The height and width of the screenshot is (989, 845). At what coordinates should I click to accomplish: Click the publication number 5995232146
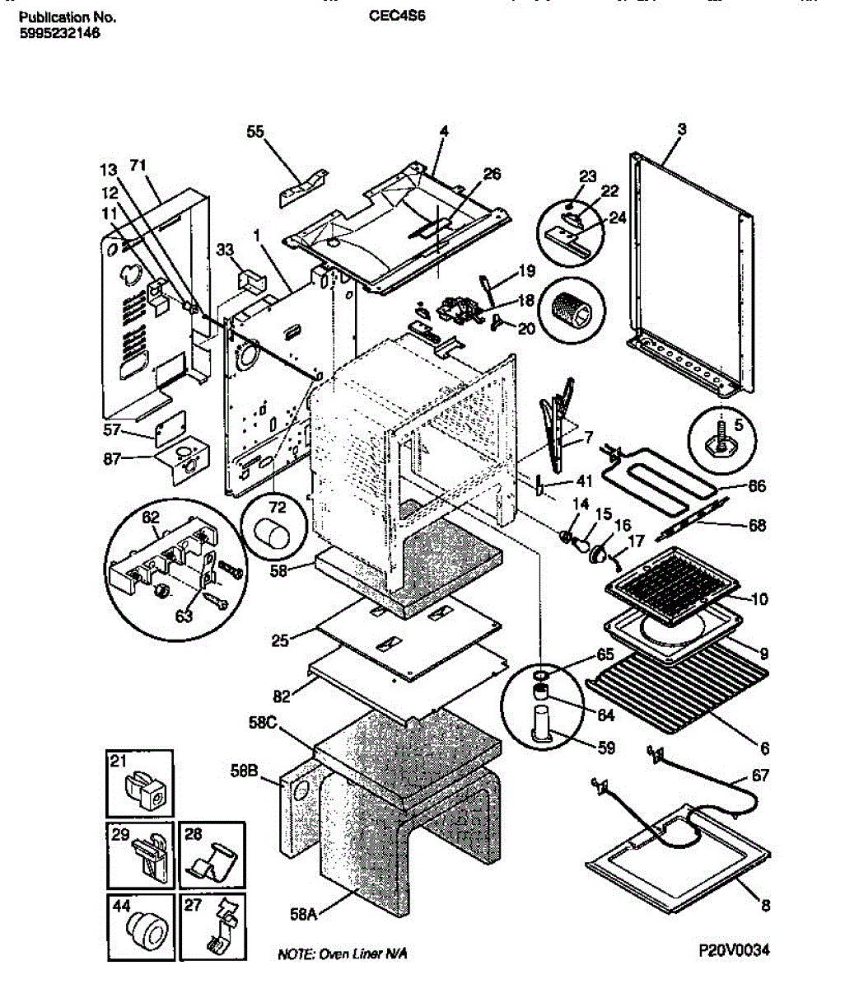[x=60, y=34]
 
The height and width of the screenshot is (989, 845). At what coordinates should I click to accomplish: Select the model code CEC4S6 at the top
[x=397, y=16]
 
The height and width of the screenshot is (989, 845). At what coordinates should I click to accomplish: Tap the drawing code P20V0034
[x=734, y=949]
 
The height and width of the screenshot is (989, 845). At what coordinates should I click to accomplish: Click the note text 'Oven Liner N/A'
[x=362, y=954]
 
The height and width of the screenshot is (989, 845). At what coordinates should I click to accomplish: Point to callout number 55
[x=254, y=132]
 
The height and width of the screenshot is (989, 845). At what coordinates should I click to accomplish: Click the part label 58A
[x=303, y=914]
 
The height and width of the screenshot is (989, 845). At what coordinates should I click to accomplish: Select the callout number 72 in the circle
[x=278, y=507]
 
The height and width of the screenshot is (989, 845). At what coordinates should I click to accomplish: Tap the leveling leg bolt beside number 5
[x=721, y=440]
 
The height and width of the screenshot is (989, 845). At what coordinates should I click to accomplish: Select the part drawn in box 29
[x=150, y=858]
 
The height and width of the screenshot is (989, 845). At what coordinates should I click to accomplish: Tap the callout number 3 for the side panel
[x=681, y=129]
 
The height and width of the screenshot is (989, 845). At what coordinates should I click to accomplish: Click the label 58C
[x=263, y=722]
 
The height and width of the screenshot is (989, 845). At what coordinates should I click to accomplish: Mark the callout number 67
[x=760, y=775]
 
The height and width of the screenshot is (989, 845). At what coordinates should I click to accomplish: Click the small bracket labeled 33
[x=253, y=281]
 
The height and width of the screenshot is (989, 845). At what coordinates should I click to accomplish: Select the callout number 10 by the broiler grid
[x=759, y=598]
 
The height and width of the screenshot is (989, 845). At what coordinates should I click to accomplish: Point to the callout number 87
[x=112, y=459]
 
